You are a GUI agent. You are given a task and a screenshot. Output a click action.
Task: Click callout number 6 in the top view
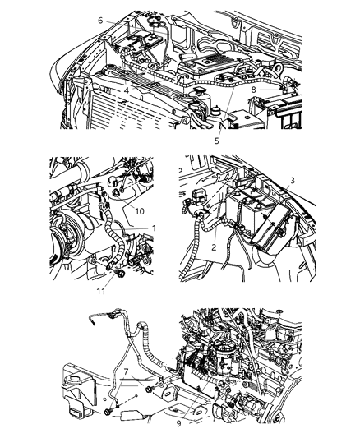click(x=100, y=21)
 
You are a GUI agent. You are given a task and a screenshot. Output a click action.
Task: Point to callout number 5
click(x=217, y=141)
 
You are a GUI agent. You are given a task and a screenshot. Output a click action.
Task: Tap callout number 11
click(x=101, y=290)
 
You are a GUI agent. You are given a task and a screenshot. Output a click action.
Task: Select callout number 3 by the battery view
click(x=293, y=180)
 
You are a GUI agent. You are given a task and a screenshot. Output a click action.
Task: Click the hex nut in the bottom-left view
click(x=109, y=411)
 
